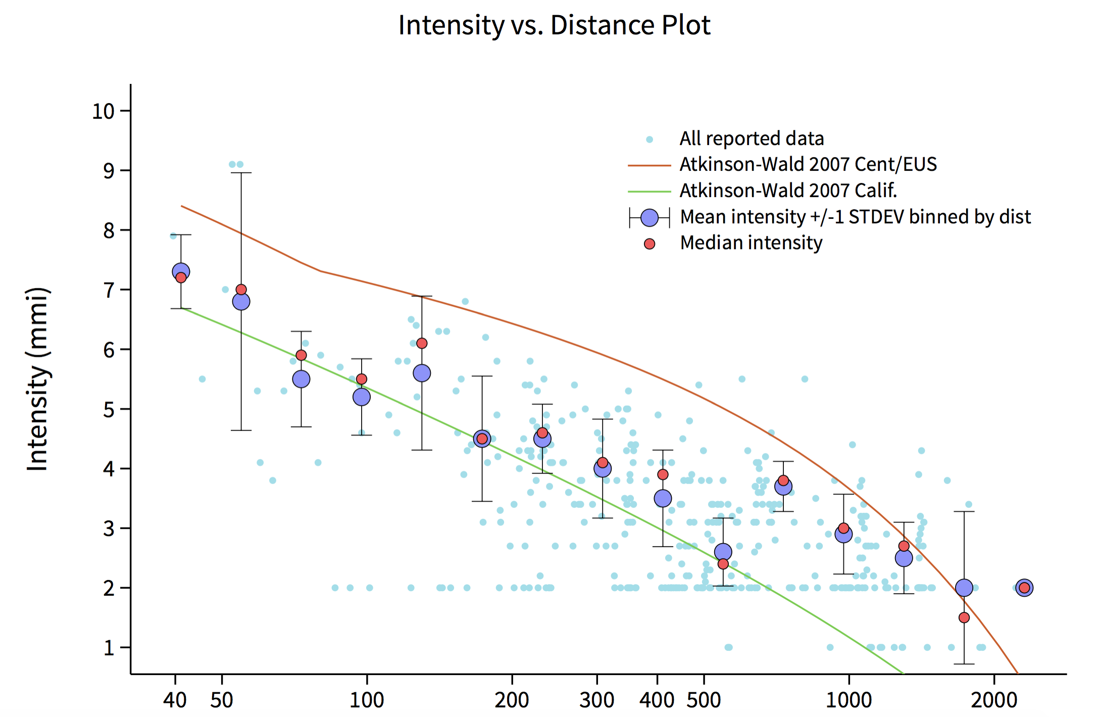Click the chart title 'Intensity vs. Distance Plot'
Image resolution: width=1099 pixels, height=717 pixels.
(x=554, y=25)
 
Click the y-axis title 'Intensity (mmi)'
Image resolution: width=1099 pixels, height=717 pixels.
(x=37, y=379)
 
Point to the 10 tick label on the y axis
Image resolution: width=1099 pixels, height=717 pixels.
(x=104, y=111)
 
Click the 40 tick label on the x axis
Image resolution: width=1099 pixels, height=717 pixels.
(x=175, y=700)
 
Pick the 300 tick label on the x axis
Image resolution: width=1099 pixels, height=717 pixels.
(x=597, y=700)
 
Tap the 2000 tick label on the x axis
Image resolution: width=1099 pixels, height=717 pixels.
(x=994, y=700)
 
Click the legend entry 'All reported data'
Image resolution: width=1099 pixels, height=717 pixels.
(x=752, y=138)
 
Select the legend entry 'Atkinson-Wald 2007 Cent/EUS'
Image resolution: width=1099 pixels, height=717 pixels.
(x=808, y=165)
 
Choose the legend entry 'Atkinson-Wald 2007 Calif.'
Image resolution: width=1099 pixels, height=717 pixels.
(x=788, y=191)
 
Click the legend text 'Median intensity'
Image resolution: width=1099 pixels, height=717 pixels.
(x=751, y=243)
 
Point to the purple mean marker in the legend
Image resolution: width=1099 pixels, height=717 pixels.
(x=650, y=218)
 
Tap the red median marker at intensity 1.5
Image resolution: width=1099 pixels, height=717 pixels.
(x=964, y=617)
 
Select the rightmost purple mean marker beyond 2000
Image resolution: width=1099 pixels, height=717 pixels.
(x=1024, y=588)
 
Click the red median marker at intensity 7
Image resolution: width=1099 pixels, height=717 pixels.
(x=241, y=290)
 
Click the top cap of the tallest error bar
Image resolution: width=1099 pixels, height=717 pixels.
(x=241, y=173)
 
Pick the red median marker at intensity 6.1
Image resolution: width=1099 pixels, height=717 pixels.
(x=422, y=344)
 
